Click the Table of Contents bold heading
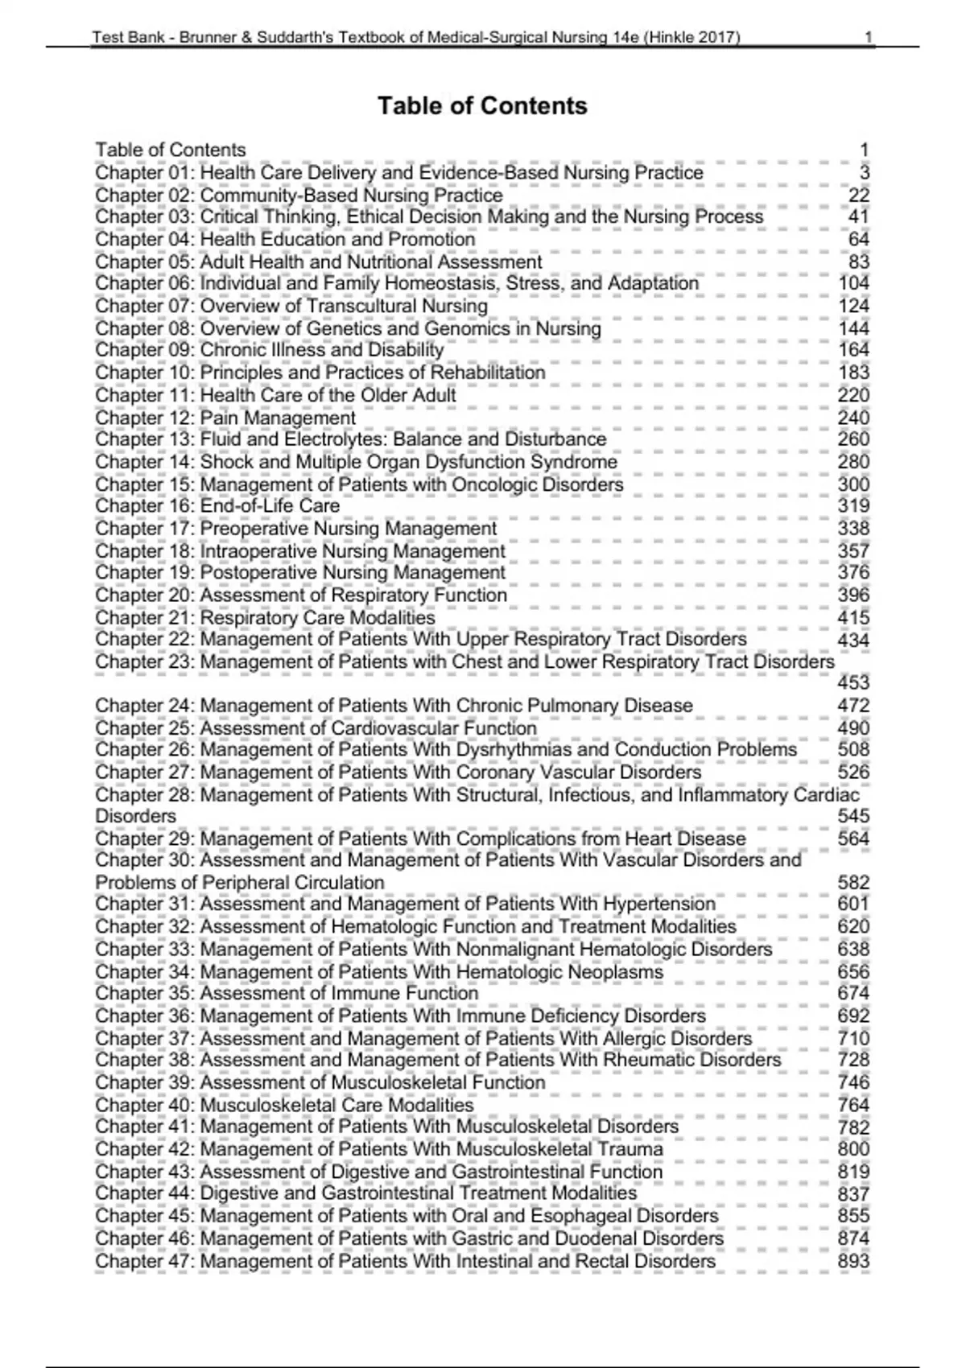(x=482, y=105)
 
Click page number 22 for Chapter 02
(x=859, y=196)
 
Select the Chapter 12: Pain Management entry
(x=225, y=418)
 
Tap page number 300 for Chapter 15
(x=853, y=484)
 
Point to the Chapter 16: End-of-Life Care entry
(x=217, y=506)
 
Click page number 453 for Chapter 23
(x=853, y=682)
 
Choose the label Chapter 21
(x=144, y=618)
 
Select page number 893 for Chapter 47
(x=853, y=1262)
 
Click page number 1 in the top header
(x=869, y=37)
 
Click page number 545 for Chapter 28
(x=853, y=816)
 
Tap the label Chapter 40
(x=144, y=1106)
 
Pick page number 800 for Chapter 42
(x=853, y=1149)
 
